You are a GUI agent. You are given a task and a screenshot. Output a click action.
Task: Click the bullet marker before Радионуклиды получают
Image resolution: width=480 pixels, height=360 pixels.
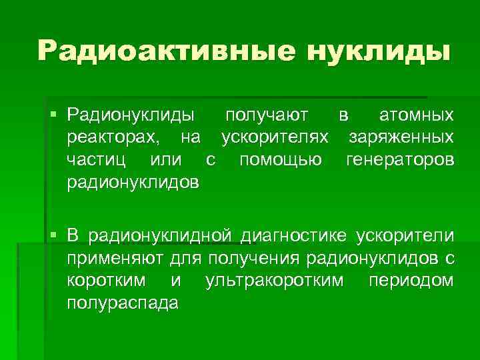click(x=55, y=115)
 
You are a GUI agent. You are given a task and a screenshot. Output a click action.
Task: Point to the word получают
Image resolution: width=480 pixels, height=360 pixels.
click(x=266, y=116)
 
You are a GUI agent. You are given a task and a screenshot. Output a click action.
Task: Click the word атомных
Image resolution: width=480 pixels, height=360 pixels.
click(x=417, y=116)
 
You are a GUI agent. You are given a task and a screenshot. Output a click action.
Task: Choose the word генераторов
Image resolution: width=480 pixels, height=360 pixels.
click(x=400, y=160)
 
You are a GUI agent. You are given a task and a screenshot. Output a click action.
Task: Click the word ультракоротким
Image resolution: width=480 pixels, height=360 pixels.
click(x=275, y=280)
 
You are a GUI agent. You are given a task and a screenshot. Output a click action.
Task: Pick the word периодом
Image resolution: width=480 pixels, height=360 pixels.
click(x=411, y=280)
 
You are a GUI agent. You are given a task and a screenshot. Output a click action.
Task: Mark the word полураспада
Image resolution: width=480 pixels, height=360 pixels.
click(x=123, y=303)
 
